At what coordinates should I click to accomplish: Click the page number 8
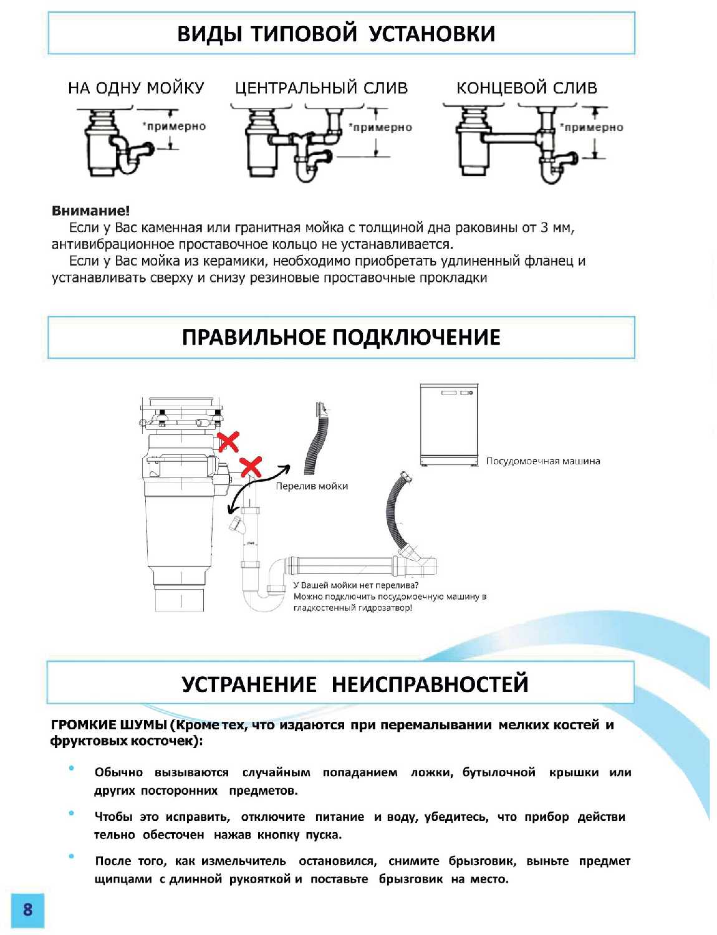click(x=27, y=909)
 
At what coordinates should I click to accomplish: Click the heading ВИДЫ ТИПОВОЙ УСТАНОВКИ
click(x=336, y=34)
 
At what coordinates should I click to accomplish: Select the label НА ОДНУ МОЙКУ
click(x=136, y=88)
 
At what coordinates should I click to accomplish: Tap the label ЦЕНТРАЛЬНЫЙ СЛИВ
click(x=321, y=88)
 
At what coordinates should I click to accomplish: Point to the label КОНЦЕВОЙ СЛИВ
click(x=527, y=88)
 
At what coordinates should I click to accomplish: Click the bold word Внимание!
click(x=91, y=211)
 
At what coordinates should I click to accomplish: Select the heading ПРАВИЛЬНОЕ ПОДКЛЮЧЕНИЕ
click(x=341, y=337)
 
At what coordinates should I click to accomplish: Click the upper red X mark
click(x=228, y=441)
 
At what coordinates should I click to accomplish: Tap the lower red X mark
click(x=251, y=466)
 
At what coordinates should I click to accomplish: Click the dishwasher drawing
click(x=449, y=424)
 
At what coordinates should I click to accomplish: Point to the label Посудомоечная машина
click(x=543, y=461)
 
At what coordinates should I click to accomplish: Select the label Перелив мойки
click(x=312, y=486)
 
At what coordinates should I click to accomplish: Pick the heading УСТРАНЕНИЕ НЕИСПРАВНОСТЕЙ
click(x=355, y=684)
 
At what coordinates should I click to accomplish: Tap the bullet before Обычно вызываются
click(x=72, y=768)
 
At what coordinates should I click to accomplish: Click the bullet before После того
click(x=72, y=856)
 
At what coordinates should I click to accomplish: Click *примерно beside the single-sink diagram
click(x=175, y=127)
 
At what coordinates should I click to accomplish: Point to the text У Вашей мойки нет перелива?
click(x=356, y=585)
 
